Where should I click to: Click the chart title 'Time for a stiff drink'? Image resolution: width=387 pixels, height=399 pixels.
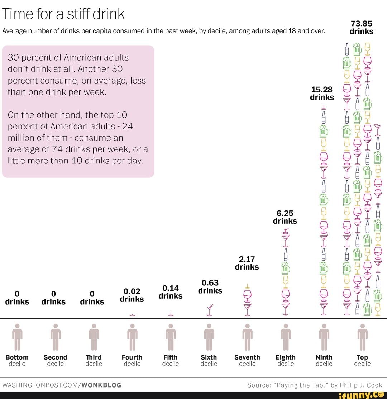(x=63, y=14)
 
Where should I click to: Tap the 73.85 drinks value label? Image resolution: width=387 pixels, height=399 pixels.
(x=361, y=28)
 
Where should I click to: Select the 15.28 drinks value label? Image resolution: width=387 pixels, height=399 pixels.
(x=322, y=93)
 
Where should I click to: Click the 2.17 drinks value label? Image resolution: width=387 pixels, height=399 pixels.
(x=247, y=263)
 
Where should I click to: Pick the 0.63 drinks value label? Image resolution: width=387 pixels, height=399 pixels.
(x=210, y=287)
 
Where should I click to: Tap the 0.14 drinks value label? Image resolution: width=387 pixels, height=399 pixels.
(x=171, y=292)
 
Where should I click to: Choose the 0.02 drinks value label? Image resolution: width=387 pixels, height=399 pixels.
(x=132, y=295)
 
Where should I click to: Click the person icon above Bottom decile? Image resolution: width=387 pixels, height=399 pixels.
(x=17, y=337)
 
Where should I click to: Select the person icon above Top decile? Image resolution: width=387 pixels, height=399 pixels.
(x=362, y=337)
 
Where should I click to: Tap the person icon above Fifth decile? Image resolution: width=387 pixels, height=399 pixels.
(x=171, y=337)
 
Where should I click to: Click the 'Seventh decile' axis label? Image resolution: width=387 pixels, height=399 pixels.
(x=247, y=360)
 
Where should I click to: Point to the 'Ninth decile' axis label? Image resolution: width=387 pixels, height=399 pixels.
(x=324, y=360)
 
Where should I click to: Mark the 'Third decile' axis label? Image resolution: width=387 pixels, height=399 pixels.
(x=94, y=360)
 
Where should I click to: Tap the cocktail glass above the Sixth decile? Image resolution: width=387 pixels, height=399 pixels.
(x=209, y=310)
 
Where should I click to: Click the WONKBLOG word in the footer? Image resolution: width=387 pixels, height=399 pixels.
(x=101, y=385)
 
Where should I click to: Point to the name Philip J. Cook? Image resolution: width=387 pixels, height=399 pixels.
(x=360, y=385)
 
